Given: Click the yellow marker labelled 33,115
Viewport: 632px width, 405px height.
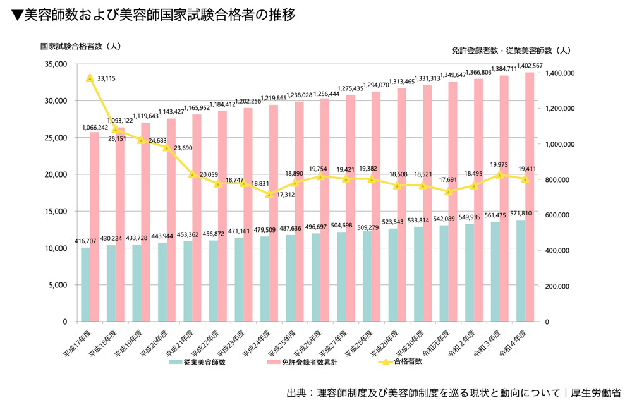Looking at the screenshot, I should click(x=90, y=78).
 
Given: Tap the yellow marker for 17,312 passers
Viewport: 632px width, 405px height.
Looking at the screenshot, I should click(x=270, y=194).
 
